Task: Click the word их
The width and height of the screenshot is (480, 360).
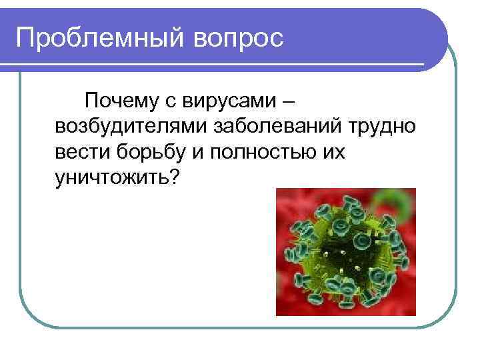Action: (x=334, y=152)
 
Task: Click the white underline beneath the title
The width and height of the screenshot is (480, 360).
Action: (x=220, y=65)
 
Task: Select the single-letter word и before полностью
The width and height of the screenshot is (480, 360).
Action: (x=197, y=152)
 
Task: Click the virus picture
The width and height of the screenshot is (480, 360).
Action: (x=345, y=251)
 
